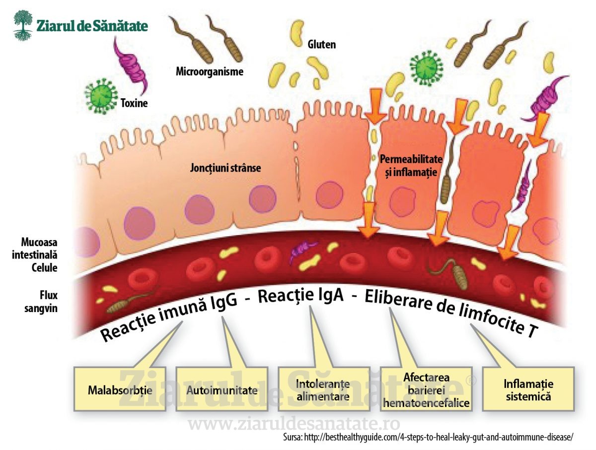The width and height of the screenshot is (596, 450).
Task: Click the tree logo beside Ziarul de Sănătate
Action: (x=23, y=25)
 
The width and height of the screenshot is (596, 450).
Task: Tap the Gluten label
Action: (x=321, y=45)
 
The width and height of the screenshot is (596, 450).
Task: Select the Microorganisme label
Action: (x=210, y=71)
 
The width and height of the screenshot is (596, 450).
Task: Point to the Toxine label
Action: (x=134, y=103)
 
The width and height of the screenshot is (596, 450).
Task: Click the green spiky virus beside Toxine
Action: (x=101, y=96)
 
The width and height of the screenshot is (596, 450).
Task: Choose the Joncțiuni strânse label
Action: (x=225, y=168)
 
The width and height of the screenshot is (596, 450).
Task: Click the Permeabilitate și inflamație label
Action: (x=411, y=165)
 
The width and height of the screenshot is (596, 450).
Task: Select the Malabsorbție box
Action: (x=120, y=389)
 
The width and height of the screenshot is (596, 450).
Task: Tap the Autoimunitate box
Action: (x=222, y=389)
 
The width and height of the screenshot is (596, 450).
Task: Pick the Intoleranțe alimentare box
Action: (x=324, y=389)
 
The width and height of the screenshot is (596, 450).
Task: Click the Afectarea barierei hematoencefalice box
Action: (x=426, y=389)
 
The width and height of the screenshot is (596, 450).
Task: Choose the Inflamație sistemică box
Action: (x=528, y=389)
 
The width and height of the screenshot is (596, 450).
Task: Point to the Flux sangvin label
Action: (x=41, y=302)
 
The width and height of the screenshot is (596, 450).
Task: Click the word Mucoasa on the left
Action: (x=39, y=242)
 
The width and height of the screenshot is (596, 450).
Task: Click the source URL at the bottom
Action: (x=428, y=437)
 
